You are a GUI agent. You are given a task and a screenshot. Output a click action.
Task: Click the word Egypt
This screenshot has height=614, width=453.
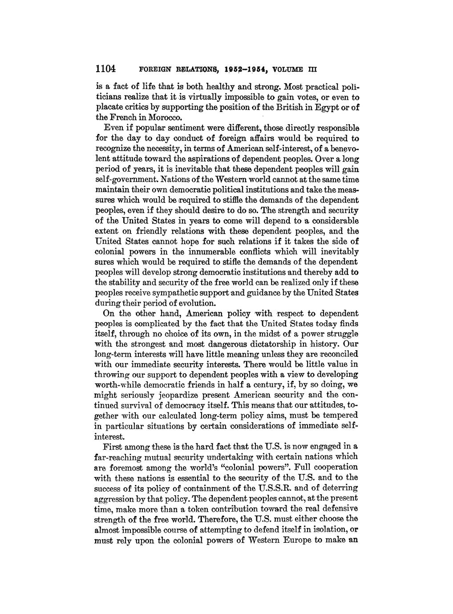pyautogui.click(x=323, y=107)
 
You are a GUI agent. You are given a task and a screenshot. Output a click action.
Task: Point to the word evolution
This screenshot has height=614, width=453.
pyautogui.click(x=200, y=303)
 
